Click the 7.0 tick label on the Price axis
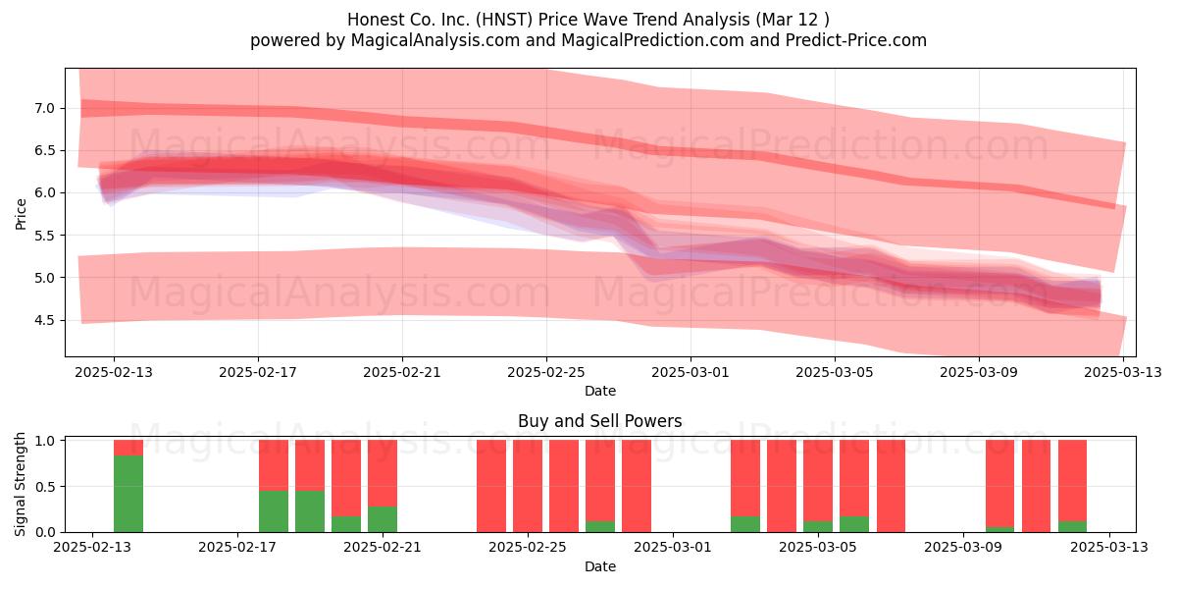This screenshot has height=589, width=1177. (45, 108)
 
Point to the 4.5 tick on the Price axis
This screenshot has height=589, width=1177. (45, 320)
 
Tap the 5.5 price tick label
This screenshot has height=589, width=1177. (45, 236)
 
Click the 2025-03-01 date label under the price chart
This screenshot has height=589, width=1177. (691, 372)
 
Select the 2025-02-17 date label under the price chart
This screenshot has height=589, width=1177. (258, 372)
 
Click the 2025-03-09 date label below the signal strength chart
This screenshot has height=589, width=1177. (963, 548)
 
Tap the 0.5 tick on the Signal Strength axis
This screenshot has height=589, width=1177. (45, 487)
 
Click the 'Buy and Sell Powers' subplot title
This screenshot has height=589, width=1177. (599, 421)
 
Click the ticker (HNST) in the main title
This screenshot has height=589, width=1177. (504, 20)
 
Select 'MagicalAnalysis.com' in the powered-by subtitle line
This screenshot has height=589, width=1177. (435, 40)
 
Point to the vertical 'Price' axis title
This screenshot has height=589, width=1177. (21, 215)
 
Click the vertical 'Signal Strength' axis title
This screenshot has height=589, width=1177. (20, 484)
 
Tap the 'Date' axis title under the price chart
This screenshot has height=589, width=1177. (600, 391)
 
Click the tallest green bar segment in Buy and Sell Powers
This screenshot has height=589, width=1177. (128, 494)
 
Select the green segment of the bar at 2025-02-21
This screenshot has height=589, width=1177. (383, 519)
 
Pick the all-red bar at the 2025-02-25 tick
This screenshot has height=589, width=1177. (528, 486)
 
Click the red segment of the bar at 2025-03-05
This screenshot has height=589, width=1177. (818, 481)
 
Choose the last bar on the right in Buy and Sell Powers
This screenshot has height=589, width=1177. (1072, 486)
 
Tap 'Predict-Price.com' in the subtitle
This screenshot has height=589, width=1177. (856, 40)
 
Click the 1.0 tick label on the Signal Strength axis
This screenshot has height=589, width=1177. (45, 441)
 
